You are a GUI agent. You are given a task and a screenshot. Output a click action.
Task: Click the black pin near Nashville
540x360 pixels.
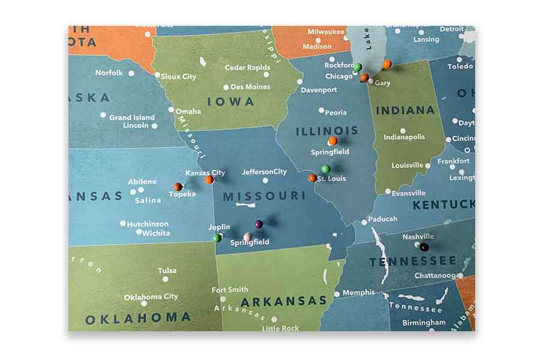(424, 247)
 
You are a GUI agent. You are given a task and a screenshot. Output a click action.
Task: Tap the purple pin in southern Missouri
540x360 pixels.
(259, 224)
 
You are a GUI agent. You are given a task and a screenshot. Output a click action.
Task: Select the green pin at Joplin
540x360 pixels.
(217, 238)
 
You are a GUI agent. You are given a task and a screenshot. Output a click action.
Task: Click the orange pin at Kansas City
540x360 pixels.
(209, 179)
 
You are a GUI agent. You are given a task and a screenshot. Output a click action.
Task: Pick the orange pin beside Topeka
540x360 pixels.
(178, 187)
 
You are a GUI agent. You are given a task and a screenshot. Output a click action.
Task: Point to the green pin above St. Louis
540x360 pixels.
(325, 169)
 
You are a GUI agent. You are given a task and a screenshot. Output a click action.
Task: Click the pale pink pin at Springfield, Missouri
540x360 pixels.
(247, 237)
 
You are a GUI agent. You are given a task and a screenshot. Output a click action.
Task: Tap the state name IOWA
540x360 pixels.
(231, 101)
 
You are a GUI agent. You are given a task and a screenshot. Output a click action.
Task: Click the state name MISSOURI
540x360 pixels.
(265, 196)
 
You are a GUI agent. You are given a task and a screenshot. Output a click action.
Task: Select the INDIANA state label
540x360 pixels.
(406, 110)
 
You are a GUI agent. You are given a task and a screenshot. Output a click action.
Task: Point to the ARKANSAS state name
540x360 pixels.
(284, 301)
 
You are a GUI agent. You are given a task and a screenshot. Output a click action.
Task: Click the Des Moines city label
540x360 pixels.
(250, 87)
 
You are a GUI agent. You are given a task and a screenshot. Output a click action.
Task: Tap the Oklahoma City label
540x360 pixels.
(151, 296)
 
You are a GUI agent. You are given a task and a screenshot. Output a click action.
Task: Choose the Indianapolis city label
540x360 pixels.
(404, 137)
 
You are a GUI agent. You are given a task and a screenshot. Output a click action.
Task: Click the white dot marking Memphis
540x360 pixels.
(337, 294)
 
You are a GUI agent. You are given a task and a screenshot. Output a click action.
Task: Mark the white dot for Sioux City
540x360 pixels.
(158, 76)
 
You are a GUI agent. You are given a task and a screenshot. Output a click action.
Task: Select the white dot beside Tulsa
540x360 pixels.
(166, 278)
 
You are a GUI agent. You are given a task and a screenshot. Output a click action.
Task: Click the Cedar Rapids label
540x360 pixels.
(247, 68)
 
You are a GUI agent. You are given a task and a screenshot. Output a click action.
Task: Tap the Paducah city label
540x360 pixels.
(383, 219)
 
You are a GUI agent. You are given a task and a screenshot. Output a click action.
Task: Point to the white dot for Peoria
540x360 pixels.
(321, 110)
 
